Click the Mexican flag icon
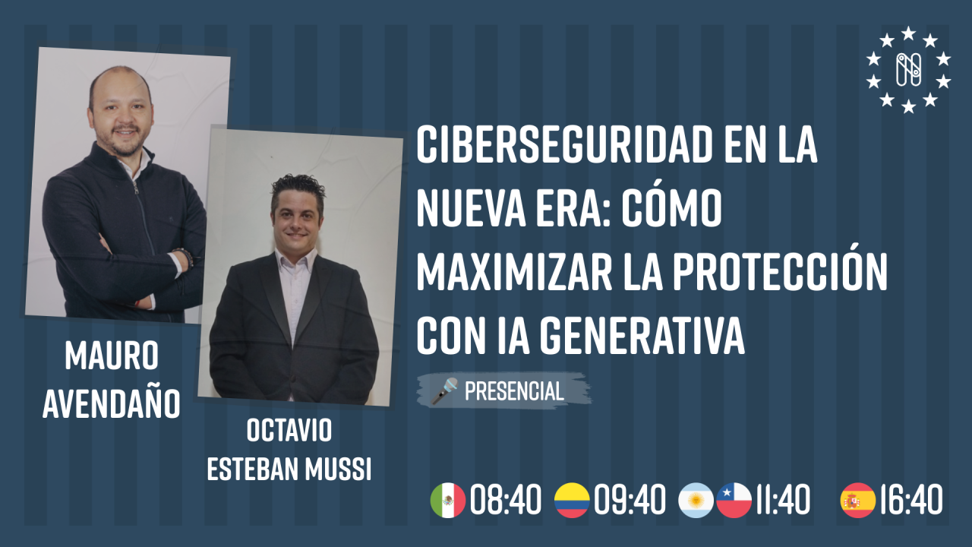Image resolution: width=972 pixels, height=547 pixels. (x=448, y=501)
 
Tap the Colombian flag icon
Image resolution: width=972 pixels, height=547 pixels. (x=572, y=501)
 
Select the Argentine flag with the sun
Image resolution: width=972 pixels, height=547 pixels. (x=696, y=501)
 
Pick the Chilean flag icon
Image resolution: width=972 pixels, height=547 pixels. (x=734, y=501)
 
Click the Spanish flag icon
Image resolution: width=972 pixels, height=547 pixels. (x=857, y=501)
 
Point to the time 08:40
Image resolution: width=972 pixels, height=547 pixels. (x=506, y=501)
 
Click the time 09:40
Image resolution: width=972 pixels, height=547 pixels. (x=630, y=501)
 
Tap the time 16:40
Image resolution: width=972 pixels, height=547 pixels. (x=910, y=501)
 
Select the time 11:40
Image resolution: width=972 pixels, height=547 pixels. (x=782, y=501)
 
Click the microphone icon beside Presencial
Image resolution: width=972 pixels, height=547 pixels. (x=444, y=391)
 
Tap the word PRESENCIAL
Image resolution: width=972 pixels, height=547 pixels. (x=514, y=391)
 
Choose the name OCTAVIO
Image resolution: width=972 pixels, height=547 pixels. (x=289, y=431)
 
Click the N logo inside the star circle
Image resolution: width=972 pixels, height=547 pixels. (x=908, y=70)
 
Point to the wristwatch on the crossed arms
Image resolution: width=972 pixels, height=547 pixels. (x=183, y=256)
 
